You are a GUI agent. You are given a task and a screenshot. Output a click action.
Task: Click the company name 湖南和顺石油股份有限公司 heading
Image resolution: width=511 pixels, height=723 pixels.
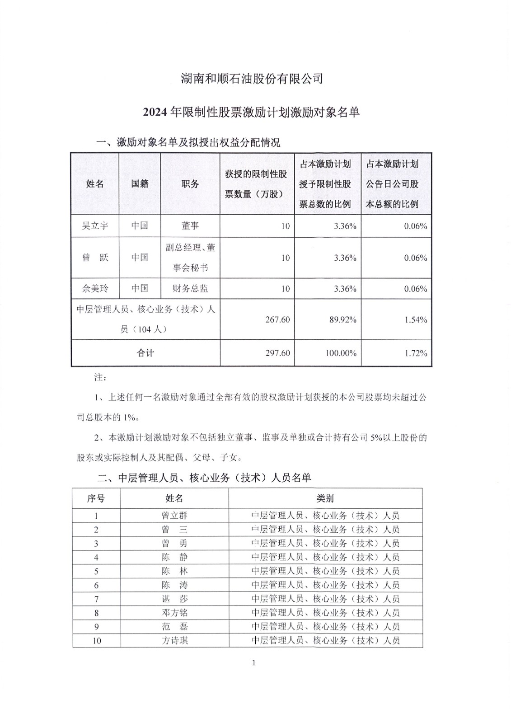click(252, 79)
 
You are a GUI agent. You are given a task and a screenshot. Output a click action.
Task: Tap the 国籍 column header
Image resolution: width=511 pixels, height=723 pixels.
click(140, 184)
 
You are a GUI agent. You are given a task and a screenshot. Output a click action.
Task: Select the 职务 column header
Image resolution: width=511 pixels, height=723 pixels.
click(190, 184)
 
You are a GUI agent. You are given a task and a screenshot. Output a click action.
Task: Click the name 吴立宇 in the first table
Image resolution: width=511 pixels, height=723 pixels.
click(95, 225)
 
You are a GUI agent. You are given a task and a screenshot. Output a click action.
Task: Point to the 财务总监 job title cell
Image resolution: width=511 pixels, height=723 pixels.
click(190, 288)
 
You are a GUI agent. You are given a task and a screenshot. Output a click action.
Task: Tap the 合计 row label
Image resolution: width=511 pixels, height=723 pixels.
click(145, 353)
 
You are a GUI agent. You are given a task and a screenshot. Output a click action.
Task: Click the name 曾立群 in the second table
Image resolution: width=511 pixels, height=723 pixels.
click(174, 516)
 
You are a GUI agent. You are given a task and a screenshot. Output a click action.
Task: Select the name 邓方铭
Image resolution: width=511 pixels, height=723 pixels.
click(174, 613)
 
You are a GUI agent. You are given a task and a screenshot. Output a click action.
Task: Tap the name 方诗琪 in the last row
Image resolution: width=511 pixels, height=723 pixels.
click(174, 640)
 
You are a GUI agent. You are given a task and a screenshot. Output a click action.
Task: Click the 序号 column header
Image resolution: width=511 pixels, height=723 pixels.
click(96, 498)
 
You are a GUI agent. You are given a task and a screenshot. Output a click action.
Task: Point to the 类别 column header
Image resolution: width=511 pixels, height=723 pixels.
click(325, 498)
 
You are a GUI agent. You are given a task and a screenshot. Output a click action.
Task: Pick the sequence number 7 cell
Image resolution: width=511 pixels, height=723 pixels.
click(96, 599)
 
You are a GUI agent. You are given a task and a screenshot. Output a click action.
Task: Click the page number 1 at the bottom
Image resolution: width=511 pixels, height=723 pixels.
click(253, 663)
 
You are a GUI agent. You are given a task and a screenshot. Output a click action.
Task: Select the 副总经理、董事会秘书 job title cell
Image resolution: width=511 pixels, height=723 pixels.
click(190, 258)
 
